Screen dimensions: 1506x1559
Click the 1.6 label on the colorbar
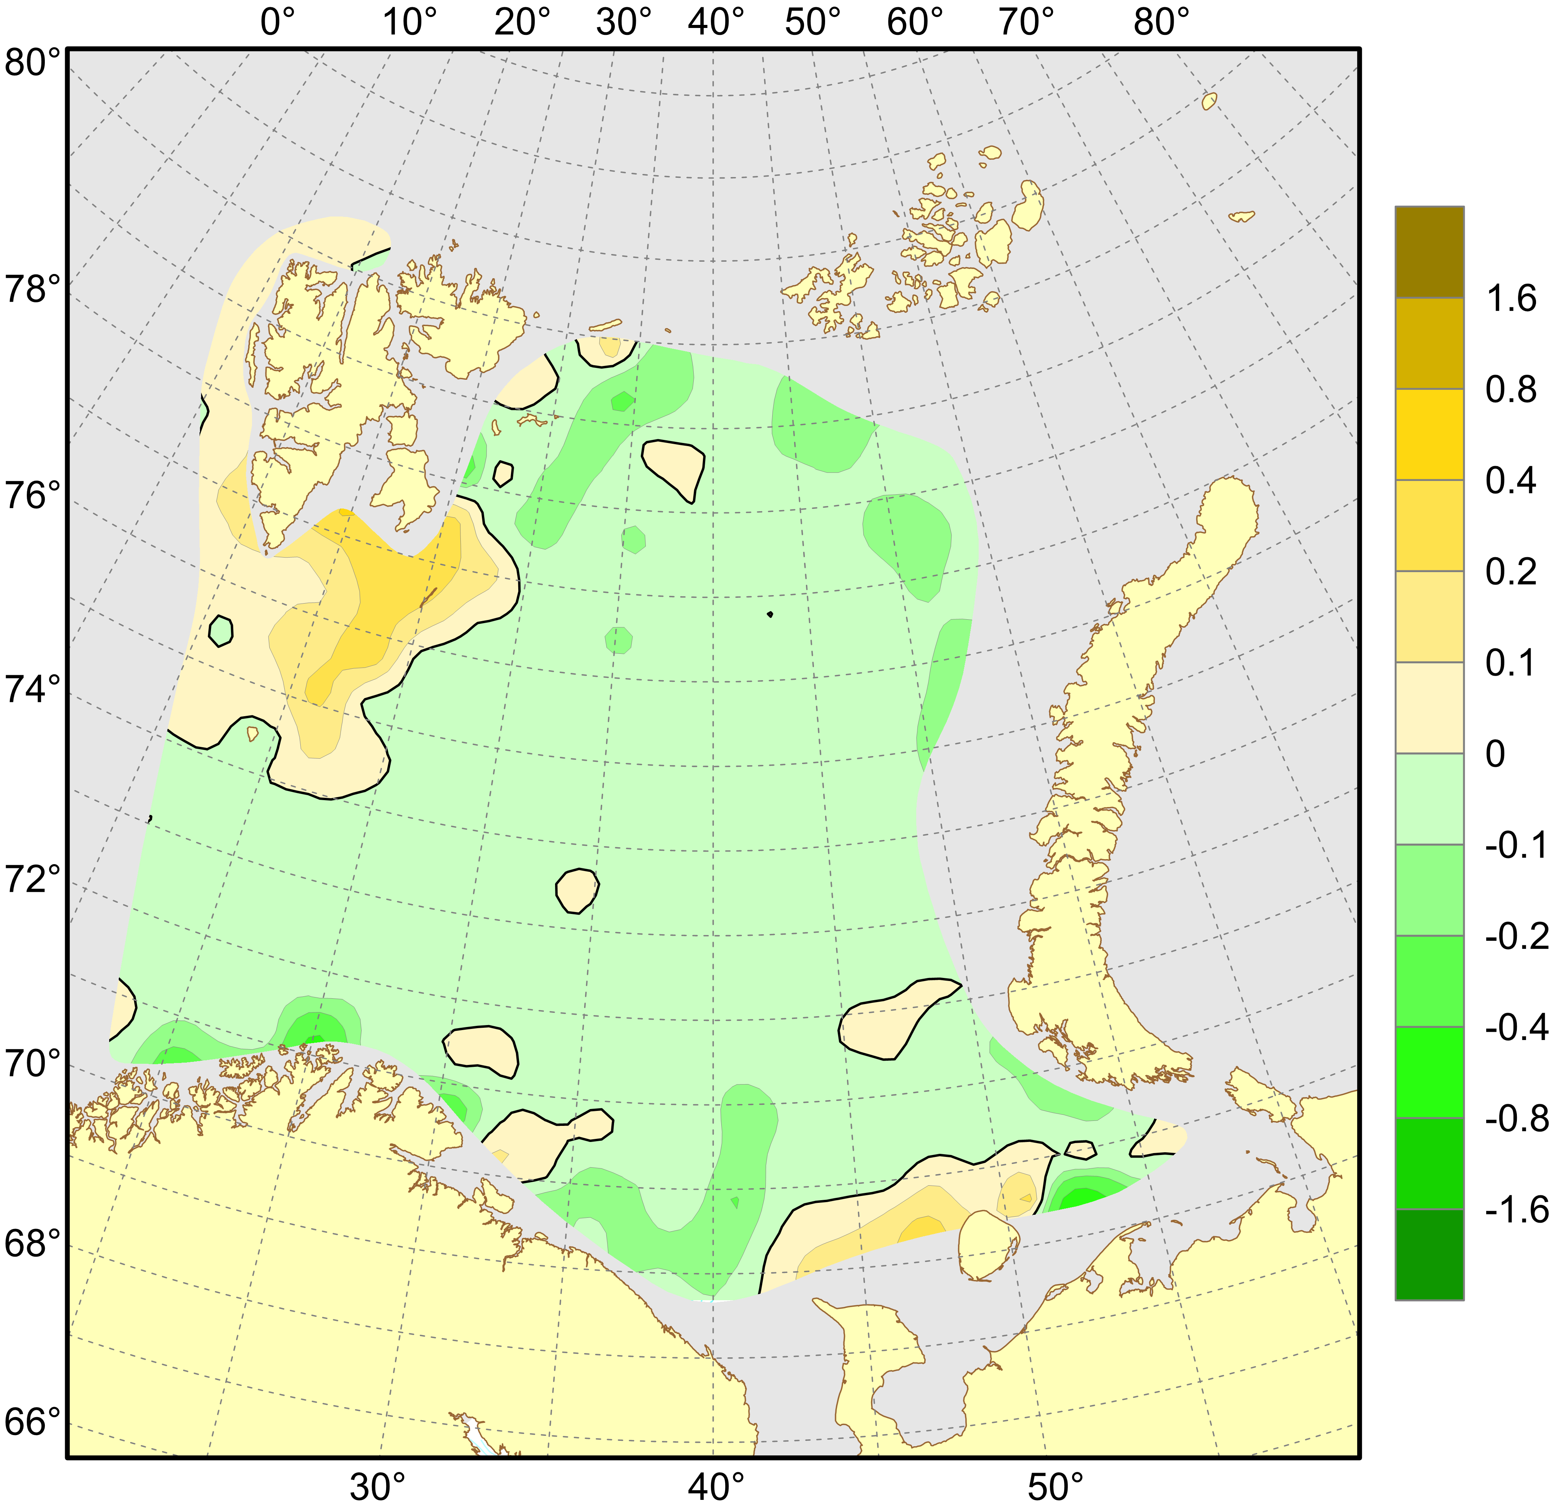point(1511,299)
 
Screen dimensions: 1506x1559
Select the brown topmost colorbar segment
point(1430,252)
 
